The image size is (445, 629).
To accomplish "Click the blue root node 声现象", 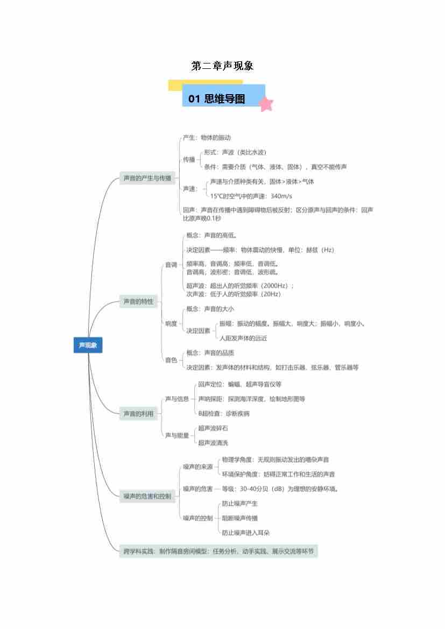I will point(88,345).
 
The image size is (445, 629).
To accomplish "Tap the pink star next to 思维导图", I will point(266,103).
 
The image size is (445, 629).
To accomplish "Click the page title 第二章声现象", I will point(222,66).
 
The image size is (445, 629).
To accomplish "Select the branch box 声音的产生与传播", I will point(147,178).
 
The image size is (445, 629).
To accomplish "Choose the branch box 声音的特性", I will point(138,302).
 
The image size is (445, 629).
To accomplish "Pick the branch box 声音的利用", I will point(138,414).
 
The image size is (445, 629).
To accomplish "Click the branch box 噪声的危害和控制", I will point(147,496).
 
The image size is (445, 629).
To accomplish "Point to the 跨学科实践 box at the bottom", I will point(218,551).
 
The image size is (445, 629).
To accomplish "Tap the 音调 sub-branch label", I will point(171,265).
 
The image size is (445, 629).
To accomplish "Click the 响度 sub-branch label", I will point(171,323).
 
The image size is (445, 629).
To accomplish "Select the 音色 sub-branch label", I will point(171,360).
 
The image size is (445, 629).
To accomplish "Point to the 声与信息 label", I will point(177,399).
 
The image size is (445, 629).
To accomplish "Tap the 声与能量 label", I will point(177,435).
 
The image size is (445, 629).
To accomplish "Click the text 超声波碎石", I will point(213,428).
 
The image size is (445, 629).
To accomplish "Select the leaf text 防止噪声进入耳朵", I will point(246,533).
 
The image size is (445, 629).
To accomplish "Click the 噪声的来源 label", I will point(197,467).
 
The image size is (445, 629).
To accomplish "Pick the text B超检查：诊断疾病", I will point(224,414).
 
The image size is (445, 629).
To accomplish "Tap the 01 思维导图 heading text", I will point(217,99).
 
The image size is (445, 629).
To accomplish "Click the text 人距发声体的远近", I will point(243,338).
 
